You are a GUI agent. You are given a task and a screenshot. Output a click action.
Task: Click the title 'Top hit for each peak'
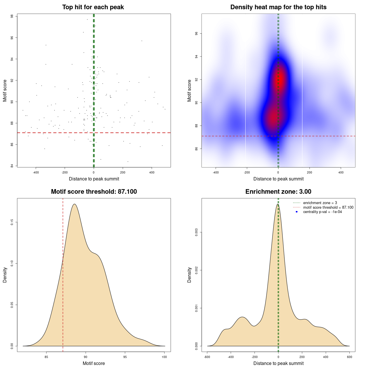click(x=93, y=7)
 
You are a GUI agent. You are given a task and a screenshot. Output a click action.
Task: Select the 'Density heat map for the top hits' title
click(x=278, y=7)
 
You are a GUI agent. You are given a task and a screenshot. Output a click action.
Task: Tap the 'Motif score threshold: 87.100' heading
click(x=94, y=192)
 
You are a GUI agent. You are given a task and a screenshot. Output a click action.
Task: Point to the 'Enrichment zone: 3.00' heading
click(x=278, y=192)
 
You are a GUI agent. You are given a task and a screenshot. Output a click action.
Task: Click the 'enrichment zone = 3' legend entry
click(x=320, y=203)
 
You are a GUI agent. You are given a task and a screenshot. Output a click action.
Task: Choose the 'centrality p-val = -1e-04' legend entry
click(x=322, y=212)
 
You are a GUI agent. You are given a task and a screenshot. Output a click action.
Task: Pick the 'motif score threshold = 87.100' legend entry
click(x=328, y=208)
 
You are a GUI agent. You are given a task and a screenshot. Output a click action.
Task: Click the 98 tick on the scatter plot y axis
click(x=12, y=16)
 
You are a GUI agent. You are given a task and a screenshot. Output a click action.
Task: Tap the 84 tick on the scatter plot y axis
click(x=12, y=166)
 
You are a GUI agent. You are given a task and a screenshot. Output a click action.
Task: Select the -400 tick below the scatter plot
click(x=36, y=172)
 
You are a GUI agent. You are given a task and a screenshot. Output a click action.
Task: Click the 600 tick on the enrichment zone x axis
click(x=349, y=357)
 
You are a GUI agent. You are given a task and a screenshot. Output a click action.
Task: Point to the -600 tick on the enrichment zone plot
click(x=207, y=357)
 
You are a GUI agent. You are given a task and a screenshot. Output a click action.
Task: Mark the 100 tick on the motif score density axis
click(x=164, y=357)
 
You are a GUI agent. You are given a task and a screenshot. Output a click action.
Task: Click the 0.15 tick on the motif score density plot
click(x=12, y=222)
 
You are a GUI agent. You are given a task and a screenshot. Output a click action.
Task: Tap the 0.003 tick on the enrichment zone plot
click(x=196, y=232)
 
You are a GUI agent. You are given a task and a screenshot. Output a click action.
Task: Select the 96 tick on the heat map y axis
click(x=196, y=34)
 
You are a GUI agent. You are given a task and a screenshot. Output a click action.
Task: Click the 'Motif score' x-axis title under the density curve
click(x=94, y=363)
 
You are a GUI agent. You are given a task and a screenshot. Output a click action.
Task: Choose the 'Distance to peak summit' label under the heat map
click(x=278, y=179)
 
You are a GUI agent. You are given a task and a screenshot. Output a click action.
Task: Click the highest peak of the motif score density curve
click(x=74, y=204)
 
